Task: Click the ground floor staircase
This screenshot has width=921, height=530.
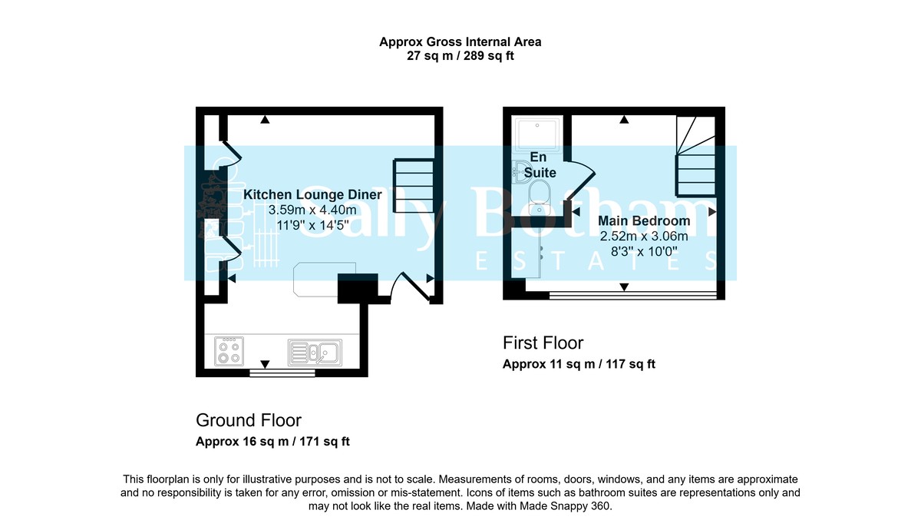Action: pyautogui.click(x=414, y=186)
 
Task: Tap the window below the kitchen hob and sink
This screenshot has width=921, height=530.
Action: pyautogui.click(x=282, y=373)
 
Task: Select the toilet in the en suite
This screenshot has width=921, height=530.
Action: pyautogui.click(x=540, y=194)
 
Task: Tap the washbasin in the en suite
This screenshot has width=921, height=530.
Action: pyautogui.click(x=521, y=171)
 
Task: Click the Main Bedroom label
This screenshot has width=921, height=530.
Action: pyautogui.click(x=644, y=221)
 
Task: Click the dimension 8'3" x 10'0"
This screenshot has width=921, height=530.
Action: pyautogui.click(x=644, y=250)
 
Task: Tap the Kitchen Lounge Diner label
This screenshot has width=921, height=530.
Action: pyautogui.click(x=301, y=195)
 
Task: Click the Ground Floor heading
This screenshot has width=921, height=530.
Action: pyautogui.click(x=249, y=420)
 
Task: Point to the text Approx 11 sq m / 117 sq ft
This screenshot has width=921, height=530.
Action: pyautogui.click(x=579, y=364)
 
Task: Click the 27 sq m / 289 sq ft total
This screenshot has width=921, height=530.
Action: pyautogui.click(x=465, y=56)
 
